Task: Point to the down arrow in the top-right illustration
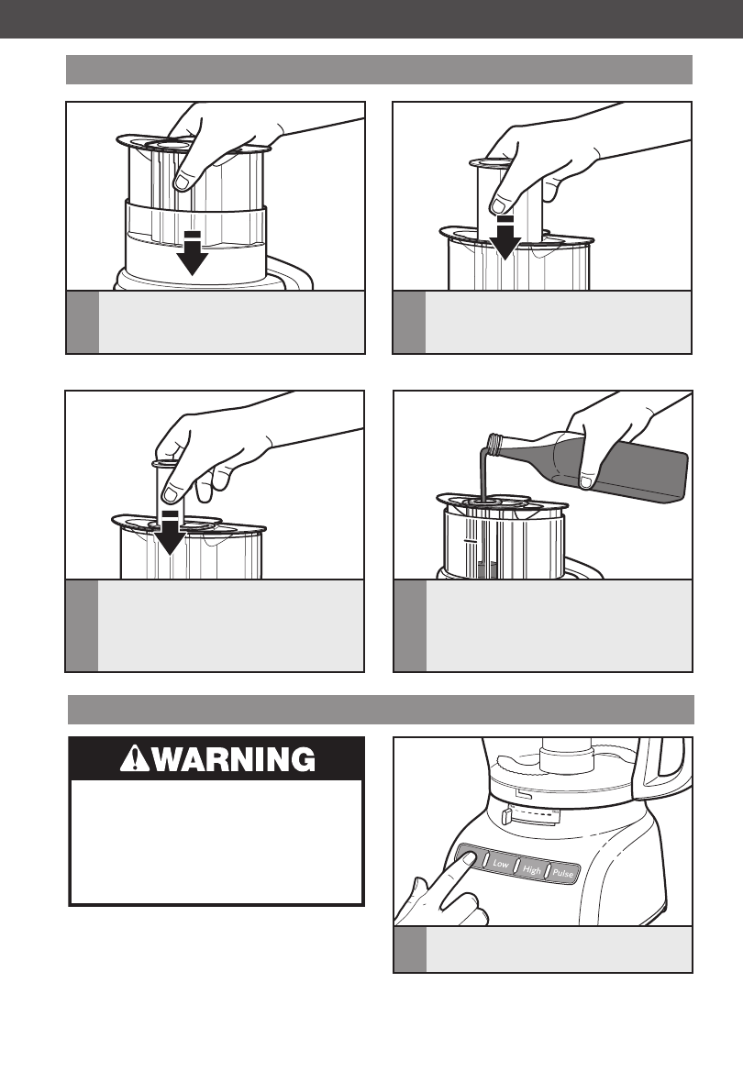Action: click(x=505, y=238)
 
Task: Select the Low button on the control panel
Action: click(x=501, y=863)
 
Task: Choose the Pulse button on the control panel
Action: click(x=563, y=872)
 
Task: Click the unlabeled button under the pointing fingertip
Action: click(x=471, y=857)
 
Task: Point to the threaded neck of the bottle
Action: click(x=494, y=445)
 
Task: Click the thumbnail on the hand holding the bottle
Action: click(x=587, y=480)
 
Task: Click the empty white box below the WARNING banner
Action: click(x=216, y=842)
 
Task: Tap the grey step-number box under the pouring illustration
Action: click(x=409, y=625)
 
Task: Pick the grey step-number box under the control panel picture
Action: click(x=409, y=950)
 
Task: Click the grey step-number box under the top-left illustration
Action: click(x=83, y=322)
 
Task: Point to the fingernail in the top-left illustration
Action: click(x=182, y=182)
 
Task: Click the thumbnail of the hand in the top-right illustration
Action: click(x=499, y=205)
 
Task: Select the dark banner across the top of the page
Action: click(x=371, y=18)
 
